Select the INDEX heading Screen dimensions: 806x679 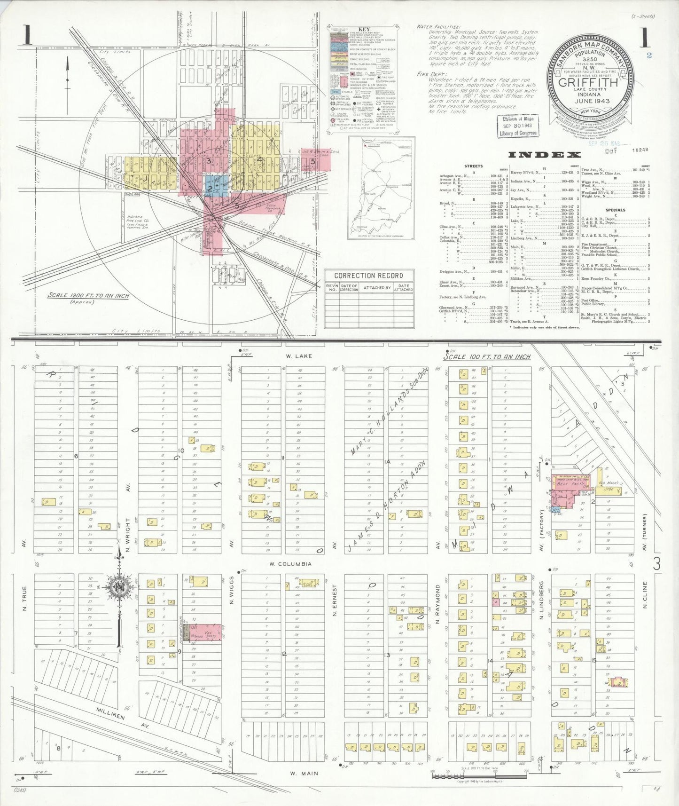545,155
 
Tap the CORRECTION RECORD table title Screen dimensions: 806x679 368,276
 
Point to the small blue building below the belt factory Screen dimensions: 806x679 556,509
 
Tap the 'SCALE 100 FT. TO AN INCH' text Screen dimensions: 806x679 487,356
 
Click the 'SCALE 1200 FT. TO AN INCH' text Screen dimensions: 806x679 88,296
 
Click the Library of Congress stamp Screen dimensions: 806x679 518,126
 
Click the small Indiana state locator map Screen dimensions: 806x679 381,187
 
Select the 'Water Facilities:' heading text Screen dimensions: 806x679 438,27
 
